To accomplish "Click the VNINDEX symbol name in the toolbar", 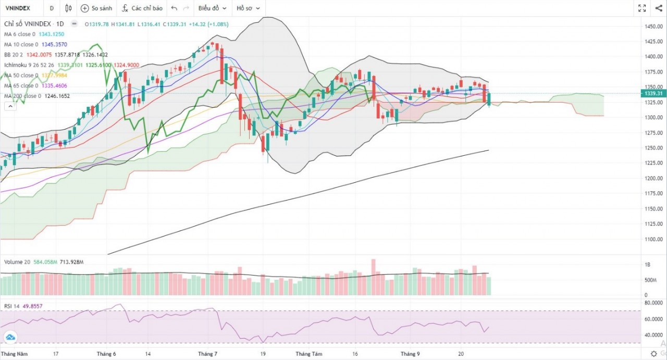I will pyautogui.click(x=18, y=8).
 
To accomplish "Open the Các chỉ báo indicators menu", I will pyautogui.click(x=142, y=8).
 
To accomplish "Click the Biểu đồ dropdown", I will pyautogui.click(x=212, y=8).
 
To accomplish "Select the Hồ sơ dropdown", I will pyautogui.click(x=247, y=8).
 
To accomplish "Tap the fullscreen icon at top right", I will pyautogui.click(x=642, y=8).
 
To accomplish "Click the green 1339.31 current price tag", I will pyautogui.click(x=654, y=94).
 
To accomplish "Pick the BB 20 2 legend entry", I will pyautogui.click(x=16, y=55).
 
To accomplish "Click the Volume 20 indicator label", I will pyautogui.click(x=19, y=261).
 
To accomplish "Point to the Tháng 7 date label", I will pyautogui.click(x=208, y=354).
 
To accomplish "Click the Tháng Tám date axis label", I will pyautogui.click(x=310, y=354).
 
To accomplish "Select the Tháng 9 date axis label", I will pyautogui.click(x=410, y=354).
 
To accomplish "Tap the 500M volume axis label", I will pyautogui.click(x=651, y=280).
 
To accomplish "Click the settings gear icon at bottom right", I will pyautogui.click(x=653, y=354).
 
